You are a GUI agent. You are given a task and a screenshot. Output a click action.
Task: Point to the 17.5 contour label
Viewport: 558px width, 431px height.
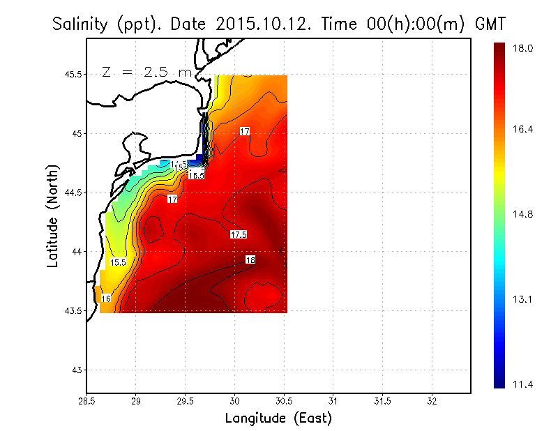pos(239,234)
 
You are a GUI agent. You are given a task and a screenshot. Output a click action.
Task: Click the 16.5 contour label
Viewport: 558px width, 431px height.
pos(196,175)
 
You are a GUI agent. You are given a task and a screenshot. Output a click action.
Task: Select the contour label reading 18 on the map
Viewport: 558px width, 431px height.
pos(250,260)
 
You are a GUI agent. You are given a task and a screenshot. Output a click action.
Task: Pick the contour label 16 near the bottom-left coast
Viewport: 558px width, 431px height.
pos(106,298)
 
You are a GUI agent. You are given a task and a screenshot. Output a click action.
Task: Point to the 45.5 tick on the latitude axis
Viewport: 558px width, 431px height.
pos(73,74)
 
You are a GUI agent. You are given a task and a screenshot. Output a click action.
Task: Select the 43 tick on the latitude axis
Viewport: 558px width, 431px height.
pos(77,370)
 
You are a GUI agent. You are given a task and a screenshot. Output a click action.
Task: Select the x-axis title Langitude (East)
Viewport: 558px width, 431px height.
pos(278,418)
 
